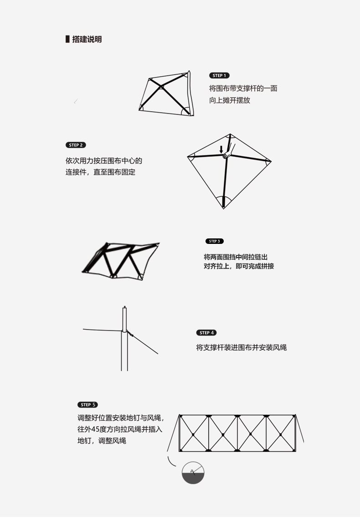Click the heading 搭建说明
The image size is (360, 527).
(87, 39)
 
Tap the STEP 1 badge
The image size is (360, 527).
(219, 76)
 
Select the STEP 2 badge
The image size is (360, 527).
(76, 145)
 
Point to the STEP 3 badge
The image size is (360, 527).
(215, 241)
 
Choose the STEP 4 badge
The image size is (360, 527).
(206, 333)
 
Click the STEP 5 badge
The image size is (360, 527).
(88, 404)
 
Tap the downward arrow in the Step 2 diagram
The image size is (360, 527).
(221, 149)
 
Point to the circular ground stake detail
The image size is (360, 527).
(193, 472)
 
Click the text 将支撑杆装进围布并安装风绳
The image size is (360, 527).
(242, 347)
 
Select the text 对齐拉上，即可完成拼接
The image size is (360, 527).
(239, 266)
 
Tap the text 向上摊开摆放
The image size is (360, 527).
(230, 100)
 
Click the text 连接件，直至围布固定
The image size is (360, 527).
(101, 172)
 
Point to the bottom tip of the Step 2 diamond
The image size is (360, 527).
(223, 207)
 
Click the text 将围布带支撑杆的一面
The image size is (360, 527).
(243, 88)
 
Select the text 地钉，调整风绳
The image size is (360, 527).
(102, 441)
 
